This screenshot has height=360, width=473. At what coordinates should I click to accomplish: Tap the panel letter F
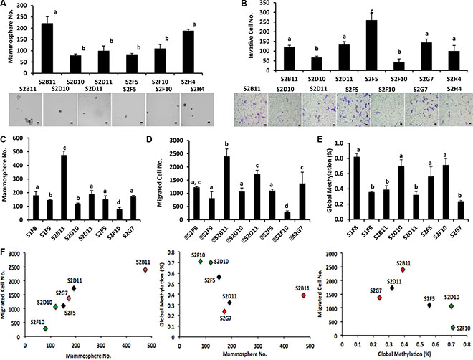6,252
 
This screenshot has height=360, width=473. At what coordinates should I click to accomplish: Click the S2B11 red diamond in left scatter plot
145,270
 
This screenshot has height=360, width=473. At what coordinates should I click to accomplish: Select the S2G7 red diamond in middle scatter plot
224,311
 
